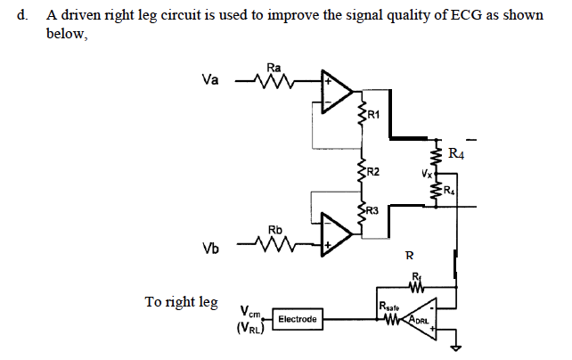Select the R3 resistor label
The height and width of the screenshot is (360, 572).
coord(372,211)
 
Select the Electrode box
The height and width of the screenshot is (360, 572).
coord(298,317)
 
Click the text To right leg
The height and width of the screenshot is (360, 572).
coord(181,302)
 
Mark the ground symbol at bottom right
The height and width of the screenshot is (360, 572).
coord(457,347)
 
